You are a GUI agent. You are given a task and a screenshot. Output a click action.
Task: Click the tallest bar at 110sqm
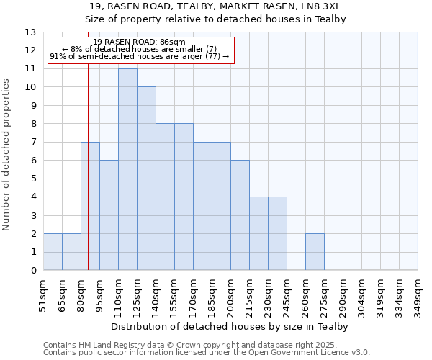(x=127, y=170)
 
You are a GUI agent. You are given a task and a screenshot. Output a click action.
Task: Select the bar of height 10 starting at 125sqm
(x=146, y=179)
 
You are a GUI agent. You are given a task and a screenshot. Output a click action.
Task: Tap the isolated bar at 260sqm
(x=315, y=252)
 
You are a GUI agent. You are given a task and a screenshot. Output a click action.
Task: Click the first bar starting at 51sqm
(x=53, y=252)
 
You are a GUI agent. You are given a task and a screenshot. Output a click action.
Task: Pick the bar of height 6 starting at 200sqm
(x=240, y=215)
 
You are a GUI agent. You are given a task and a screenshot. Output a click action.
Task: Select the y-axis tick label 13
(x=30, y=32)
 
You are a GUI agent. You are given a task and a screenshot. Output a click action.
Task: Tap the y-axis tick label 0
(x=33, y=271)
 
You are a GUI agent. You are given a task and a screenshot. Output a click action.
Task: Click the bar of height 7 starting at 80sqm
(x=90, y=206)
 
